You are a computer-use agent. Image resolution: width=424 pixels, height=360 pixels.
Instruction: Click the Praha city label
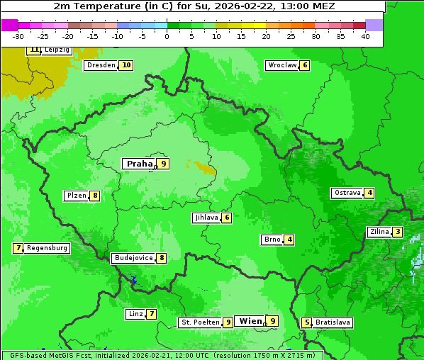[x=140, y=164]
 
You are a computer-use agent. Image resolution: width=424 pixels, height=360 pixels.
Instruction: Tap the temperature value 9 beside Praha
[x=164, y=164]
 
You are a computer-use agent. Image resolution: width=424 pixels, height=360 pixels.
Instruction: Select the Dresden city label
[x=101, y=65]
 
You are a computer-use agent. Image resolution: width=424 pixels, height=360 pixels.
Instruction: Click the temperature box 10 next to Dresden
[x=126, y=65]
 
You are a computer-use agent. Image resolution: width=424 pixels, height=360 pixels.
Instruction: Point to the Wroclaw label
[x=281, y=65]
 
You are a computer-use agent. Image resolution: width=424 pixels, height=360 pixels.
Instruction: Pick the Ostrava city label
[x=347, y=193]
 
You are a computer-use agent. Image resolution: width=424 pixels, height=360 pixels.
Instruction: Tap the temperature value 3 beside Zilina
[x=398, y=232]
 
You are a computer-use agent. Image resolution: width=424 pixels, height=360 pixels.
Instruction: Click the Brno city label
[x=272, y=240]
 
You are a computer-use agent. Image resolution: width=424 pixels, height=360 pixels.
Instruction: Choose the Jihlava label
[x=206, y=218]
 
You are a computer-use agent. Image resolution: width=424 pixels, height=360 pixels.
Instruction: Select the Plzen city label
[x=76, y=196]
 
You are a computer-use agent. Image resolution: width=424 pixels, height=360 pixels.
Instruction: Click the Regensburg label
[x=48, y=248]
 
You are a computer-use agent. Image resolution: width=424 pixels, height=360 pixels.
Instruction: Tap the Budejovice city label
[x=133, y=258]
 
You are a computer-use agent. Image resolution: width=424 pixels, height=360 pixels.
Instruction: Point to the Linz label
[x=135, y=314]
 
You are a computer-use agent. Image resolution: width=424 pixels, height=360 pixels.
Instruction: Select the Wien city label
[x=250, y=321]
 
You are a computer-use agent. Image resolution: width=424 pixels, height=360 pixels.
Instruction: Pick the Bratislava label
[x=333, y=322]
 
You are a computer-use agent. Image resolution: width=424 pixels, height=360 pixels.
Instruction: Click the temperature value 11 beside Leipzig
[x=34, y=50]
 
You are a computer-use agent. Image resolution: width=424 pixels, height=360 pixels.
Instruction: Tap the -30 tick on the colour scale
[x=18, y=36]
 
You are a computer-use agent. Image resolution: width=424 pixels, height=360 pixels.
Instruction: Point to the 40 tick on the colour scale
[x=364, y=36]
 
